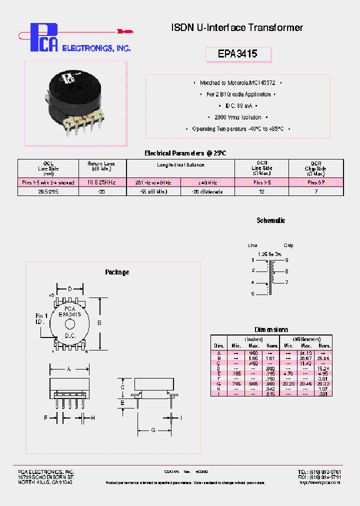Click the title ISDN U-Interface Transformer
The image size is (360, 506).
click(237, 28)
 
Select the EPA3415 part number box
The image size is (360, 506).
click(238, 54)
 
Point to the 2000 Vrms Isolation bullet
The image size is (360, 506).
click(237, 117)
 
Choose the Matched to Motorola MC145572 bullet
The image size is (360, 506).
click(237, 83)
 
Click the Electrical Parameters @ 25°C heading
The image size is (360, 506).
click(185, 153)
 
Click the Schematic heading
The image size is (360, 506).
click(270, 220)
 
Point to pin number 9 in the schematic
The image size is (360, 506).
click(286, 260)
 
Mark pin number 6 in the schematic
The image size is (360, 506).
click(253, 294)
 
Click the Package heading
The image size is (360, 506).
click(117, 272)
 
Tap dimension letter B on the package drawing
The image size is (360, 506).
click(99, 323)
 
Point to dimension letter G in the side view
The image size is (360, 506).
click(153, 430)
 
